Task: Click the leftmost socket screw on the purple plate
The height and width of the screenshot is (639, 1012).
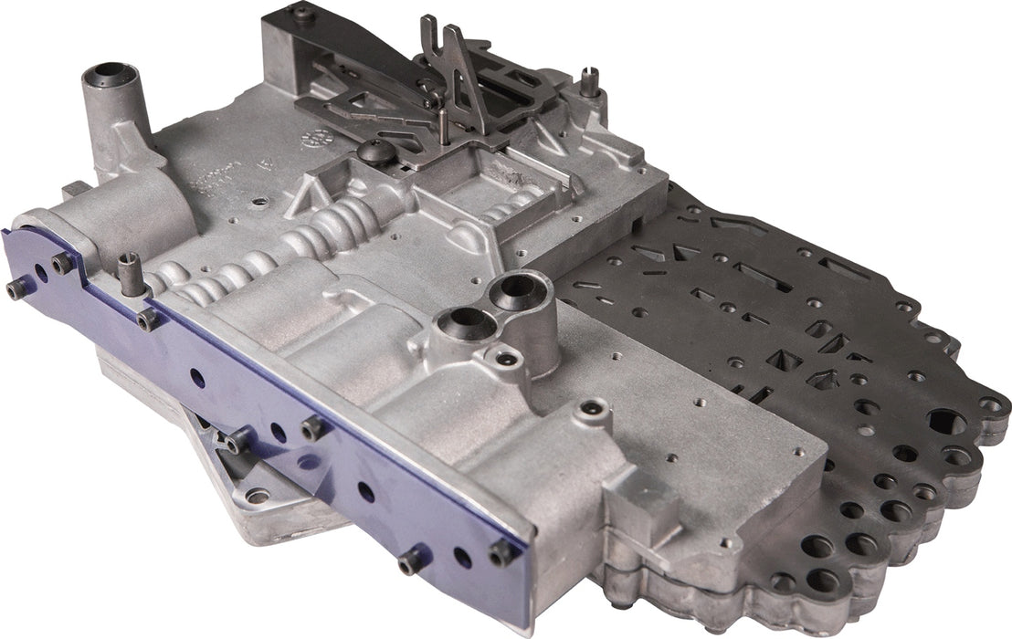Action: [x=16, y=289]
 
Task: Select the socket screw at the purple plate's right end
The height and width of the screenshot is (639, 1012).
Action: [x=500, y=551]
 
